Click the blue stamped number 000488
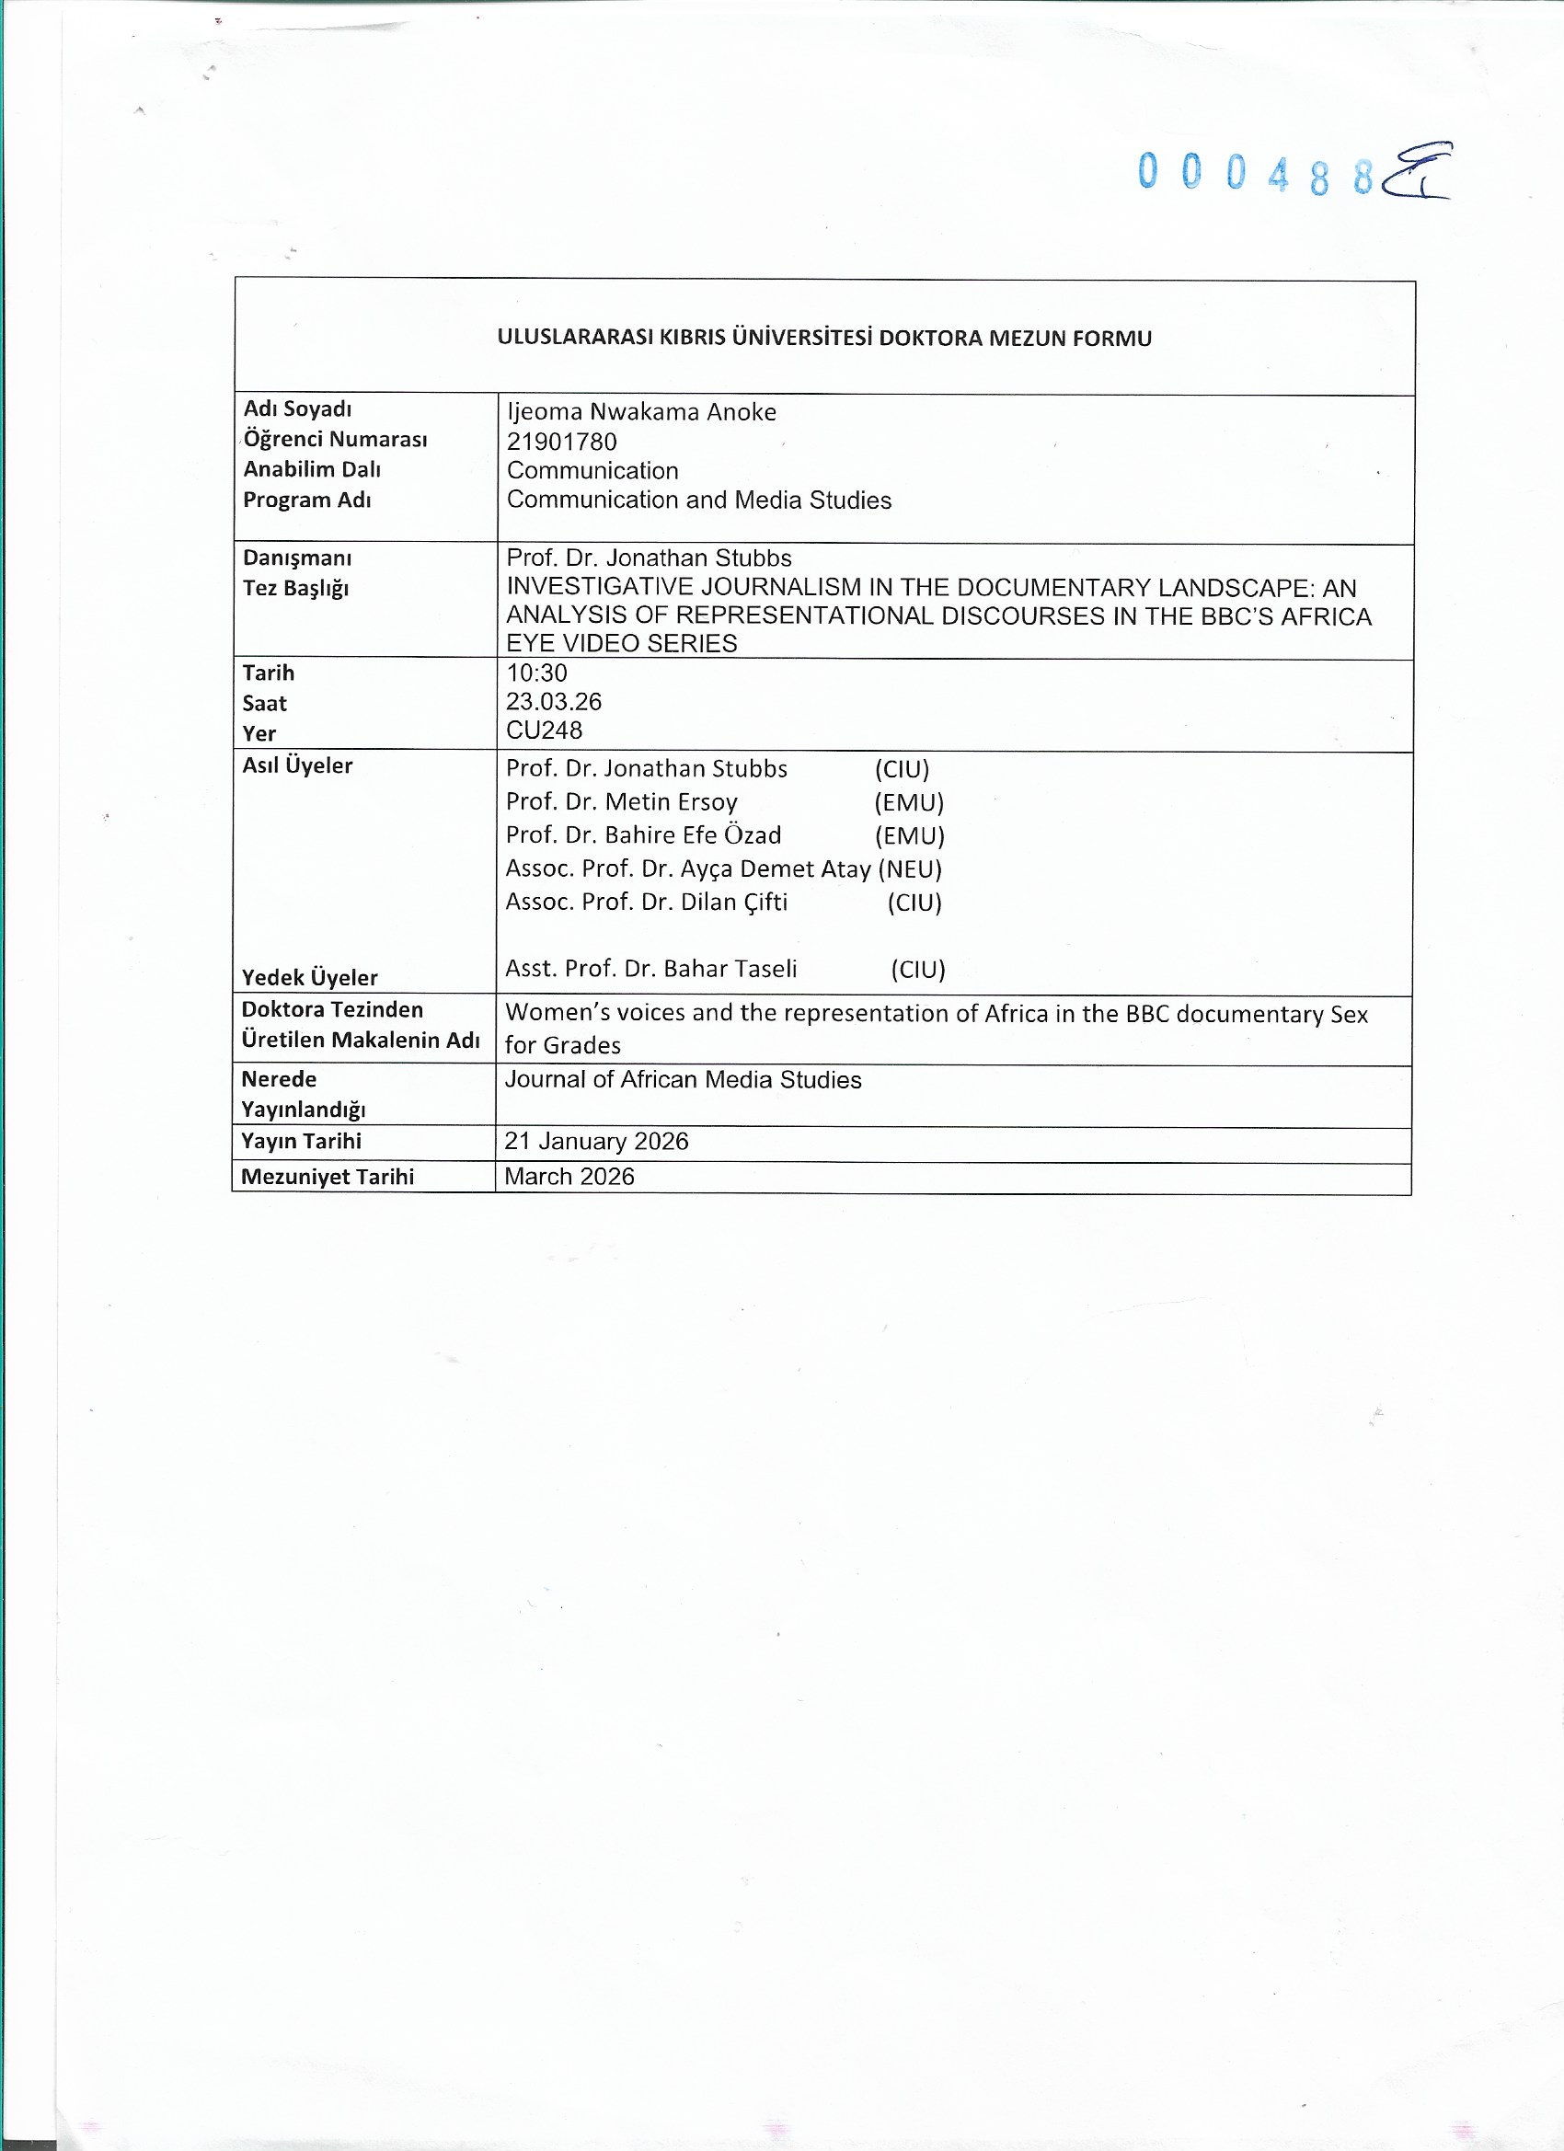point(1255,174)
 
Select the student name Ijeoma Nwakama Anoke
point(641,411)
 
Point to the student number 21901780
point(561,441)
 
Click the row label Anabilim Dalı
point(312,468)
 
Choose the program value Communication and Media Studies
point(699,500)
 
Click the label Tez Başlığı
point(296,588)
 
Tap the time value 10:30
point(537,673)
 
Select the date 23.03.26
point(554,702)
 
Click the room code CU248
point(545,730)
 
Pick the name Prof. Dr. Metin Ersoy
point(621,801)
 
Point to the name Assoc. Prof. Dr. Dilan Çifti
point(646,902)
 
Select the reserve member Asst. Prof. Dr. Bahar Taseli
point(650,969)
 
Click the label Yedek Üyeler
point(309,977)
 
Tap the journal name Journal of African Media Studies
point(683,1079)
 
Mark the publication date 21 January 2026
point(596,1141)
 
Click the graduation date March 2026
point(569,1176)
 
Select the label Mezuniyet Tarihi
point(328,1176)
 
